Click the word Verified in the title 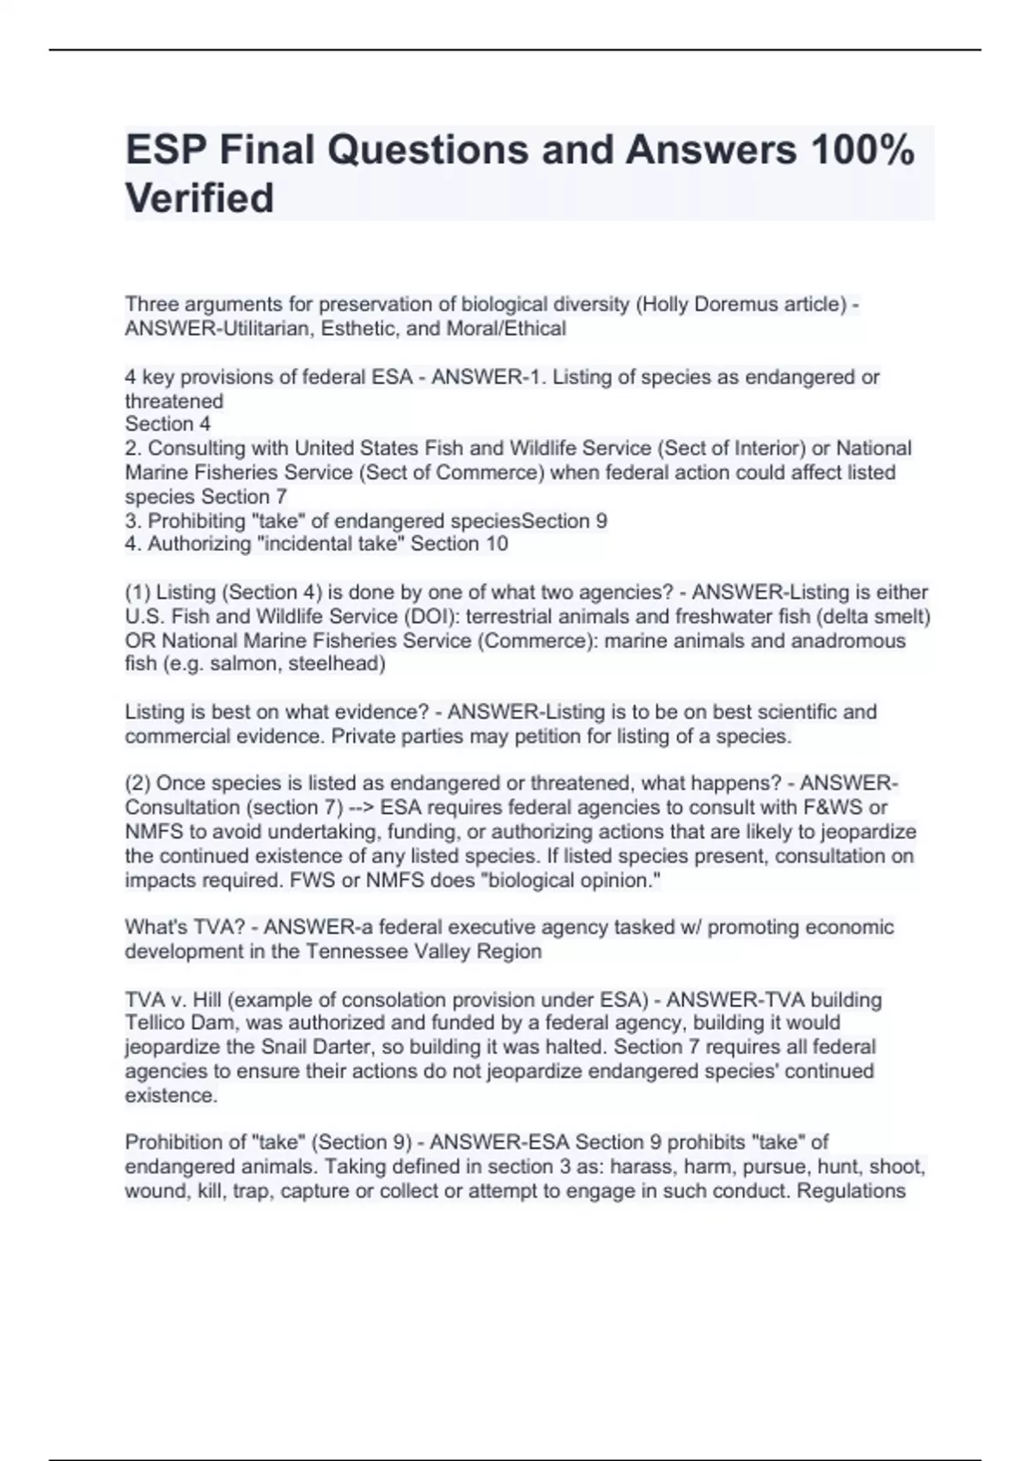pyautogui.click(x=199, y=198)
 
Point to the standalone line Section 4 pyautogui.click(x=168, y=424)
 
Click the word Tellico pyautogui.click(x=159, y=1023)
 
